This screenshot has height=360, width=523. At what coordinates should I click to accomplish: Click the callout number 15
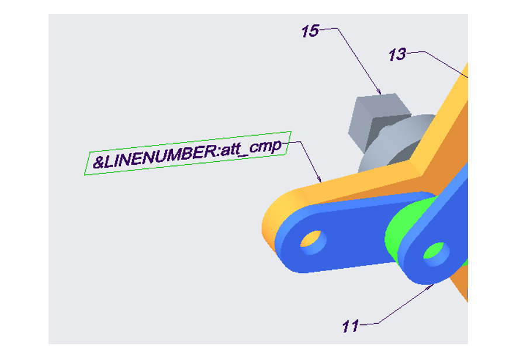pos(310,31)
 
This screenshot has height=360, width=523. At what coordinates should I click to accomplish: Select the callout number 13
pos(397,54)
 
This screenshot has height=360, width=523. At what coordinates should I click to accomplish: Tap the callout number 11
pos(350,326)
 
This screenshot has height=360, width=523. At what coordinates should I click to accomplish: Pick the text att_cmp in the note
pos(251,147)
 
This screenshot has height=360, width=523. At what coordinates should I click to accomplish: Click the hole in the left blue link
pos(313,242)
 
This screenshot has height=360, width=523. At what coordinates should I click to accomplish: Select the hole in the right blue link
pos(437,254)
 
